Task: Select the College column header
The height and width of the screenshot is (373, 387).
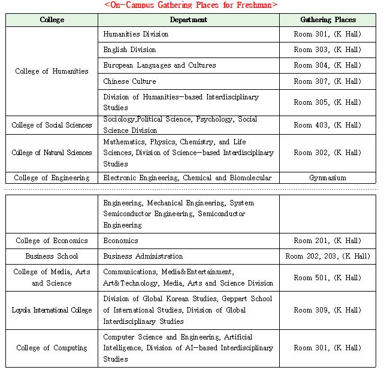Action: point(52,20)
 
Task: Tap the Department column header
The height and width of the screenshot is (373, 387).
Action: point(188,20)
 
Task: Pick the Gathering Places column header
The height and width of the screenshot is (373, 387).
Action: point(327,20)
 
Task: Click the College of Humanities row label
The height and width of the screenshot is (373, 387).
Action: point(52,71)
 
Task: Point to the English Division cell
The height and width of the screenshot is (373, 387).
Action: point(129,50)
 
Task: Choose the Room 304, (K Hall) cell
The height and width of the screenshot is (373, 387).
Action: point(327,65)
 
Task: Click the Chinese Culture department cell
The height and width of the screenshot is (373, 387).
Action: point(129,81)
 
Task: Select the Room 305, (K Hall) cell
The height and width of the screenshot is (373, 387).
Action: point(327,102)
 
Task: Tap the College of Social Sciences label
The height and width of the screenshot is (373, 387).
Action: point(52,125)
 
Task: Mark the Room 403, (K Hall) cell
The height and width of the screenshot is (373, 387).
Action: point(327,125)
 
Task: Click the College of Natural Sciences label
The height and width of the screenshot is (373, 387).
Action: point(52,153)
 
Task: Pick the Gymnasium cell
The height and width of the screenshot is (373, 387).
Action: point(327,178)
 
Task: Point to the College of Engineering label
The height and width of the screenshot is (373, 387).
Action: point(52,178)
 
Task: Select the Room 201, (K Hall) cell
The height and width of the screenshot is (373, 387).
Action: point(327,241)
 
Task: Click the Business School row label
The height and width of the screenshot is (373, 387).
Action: point(52,256)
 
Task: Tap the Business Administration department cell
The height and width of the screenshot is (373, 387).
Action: point(143,256)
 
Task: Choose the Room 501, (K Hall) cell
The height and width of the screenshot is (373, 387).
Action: point(327,278)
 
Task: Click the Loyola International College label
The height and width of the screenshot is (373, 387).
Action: point(52,310)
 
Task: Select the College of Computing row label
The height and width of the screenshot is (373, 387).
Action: point(52,348)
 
